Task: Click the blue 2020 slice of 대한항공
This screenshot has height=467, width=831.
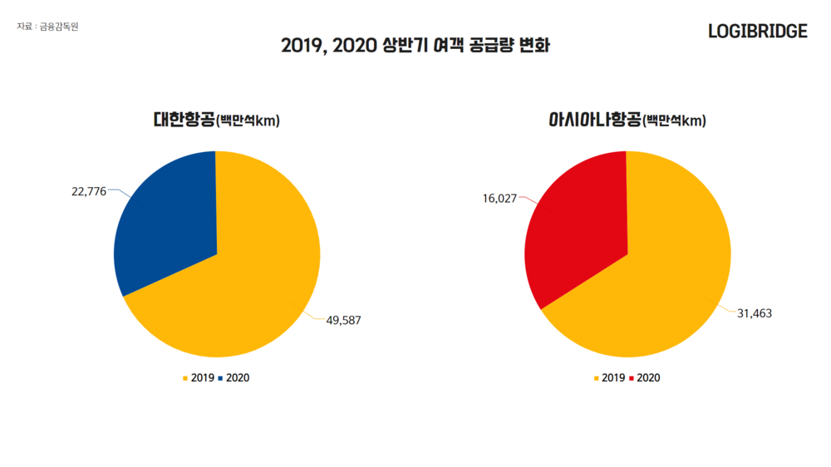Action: [166, 216]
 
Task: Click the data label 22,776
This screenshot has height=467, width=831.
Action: [89, 192]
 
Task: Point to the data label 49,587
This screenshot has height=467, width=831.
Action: [343, 320]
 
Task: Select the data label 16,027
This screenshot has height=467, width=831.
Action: [499, 199]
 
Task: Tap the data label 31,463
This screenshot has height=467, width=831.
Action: [755, 313]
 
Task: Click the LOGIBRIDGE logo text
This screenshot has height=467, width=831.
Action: [757, 32]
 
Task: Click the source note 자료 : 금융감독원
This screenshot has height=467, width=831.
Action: [47, 27]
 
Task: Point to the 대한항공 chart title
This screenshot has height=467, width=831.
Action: [184, 120]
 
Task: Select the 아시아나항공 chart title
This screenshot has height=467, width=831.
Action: [594, 120]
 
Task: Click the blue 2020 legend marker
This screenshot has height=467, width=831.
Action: [220, 378]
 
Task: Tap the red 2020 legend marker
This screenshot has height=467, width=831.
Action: [632, 378]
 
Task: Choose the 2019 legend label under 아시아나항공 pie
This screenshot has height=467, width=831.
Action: [613, 378]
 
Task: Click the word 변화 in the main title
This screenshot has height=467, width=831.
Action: [534, 45]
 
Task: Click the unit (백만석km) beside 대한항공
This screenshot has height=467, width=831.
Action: [248, 122]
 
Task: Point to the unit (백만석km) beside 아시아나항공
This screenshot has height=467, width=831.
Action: [675, 122]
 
